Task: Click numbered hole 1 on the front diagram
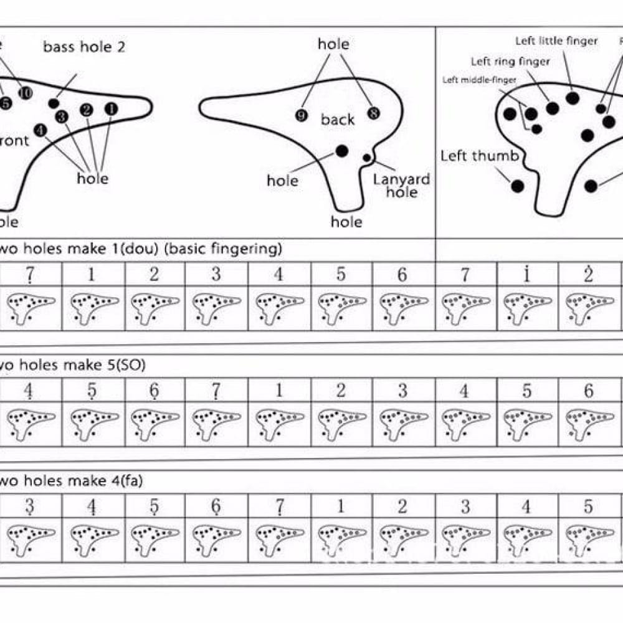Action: coord(111,109)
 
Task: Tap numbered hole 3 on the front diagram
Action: coord(61,117)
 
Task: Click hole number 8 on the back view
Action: coord(373,113)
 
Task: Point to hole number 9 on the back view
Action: coord(301,115)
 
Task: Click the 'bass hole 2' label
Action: coord(83,47)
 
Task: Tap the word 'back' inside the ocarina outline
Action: coord(338,120)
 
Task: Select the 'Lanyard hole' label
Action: coord(401,186)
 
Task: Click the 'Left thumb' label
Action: coord(479,156)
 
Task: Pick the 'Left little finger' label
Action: coord(556,41)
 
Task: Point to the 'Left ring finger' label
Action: coord(510,61)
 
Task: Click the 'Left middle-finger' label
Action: coord(479,80)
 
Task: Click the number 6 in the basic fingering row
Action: coord(402,274)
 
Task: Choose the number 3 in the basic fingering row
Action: coord(216,274)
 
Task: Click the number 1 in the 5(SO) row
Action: coord(278,391)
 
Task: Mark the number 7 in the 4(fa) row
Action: coord(278,506)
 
